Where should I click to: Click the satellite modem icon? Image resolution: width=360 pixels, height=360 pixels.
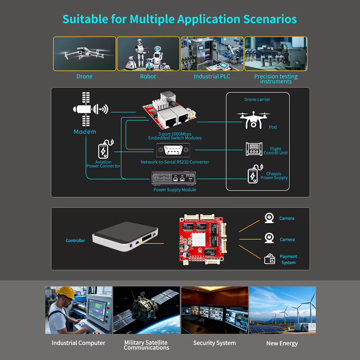90,109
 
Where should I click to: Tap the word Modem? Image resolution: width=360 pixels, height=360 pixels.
85,132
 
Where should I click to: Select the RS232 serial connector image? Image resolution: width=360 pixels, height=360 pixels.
173,150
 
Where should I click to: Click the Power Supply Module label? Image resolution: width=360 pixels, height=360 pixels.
175,190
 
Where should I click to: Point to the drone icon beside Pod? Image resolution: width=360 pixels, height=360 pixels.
253,120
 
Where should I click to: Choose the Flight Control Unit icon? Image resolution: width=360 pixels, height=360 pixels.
254,149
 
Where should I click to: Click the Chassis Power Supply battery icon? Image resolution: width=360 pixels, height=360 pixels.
255,174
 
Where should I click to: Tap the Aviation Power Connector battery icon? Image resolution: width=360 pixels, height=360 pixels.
105,149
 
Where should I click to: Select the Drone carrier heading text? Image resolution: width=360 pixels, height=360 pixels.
257,100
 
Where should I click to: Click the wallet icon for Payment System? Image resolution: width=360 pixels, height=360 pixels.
270,259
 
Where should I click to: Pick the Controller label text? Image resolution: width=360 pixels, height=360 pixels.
75,240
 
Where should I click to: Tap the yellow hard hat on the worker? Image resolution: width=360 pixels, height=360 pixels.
66,292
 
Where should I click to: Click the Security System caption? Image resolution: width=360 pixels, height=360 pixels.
214,343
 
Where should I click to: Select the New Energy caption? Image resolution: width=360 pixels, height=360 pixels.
282,343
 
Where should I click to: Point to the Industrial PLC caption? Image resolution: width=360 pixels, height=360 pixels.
212,76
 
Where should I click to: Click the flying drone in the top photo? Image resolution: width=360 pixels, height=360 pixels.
84,53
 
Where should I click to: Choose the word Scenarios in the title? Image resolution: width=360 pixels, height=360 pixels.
270,19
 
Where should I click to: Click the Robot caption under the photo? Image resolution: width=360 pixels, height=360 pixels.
148,76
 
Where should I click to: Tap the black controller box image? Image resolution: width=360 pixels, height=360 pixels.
125,236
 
